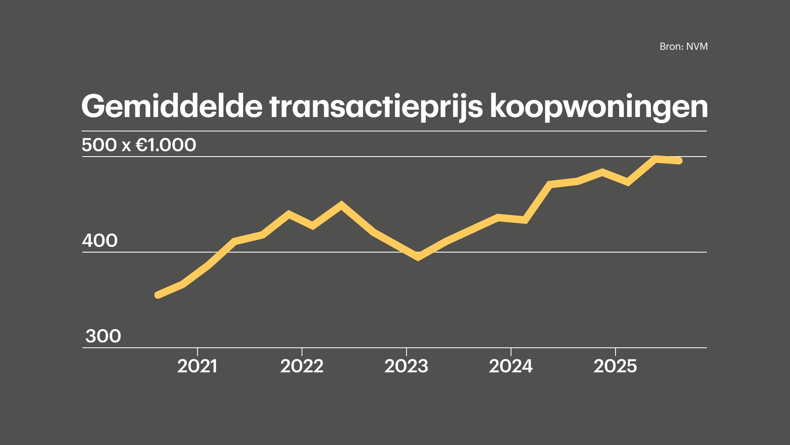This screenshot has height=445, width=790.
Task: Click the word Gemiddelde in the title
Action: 172,107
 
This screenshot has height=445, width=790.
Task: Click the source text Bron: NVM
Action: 683,47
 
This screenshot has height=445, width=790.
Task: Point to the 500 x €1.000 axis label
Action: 139,145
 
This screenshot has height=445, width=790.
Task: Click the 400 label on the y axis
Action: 100,241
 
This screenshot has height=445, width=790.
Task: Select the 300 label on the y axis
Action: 103,336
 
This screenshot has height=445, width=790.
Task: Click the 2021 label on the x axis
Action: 197,366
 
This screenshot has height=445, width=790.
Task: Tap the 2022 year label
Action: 302,366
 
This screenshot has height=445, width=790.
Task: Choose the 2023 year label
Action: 406,366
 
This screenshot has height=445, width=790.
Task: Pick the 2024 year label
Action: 511,366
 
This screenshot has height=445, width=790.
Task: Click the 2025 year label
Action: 615,366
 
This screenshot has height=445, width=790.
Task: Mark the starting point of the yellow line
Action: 158,295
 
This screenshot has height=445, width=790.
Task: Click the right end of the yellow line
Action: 679,161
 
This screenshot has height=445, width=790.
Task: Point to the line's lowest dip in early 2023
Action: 418,257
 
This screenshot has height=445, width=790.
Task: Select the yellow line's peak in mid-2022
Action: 341,204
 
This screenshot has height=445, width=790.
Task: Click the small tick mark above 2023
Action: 406,351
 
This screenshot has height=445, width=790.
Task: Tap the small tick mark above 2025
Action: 615,351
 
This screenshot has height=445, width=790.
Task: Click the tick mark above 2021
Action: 197,351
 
